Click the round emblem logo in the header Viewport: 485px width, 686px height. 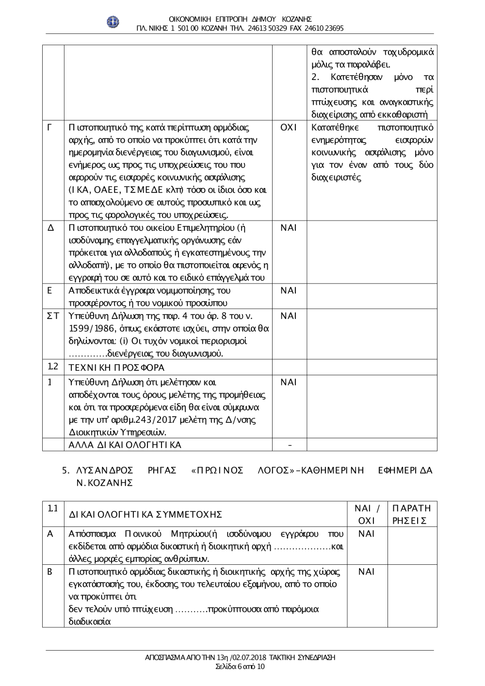pos(113,22)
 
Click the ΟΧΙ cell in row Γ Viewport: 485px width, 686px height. pos(288,128)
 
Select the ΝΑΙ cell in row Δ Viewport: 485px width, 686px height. pos(288,228)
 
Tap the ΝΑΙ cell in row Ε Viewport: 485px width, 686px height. pos(288,291)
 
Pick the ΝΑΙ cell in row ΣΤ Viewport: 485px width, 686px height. pos(288,316)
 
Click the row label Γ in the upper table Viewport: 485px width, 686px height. pos(49,128)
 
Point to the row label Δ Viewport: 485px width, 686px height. pos(50,228)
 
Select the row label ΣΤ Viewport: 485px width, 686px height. pos(52,316)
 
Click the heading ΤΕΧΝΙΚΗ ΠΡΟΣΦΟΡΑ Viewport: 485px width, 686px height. pos(117,367)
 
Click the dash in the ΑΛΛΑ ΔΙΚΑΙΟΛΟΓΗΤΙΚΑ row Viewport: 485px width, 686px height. pos(290,445)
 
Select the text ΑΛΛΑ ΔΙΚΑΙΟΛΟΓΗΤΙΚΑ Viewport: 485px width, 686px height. pos(125,445)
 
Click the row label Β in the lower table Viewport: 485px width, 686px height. pos(50,572)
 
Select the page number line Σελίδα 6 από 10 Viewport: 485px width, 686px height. pos(240,667)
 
